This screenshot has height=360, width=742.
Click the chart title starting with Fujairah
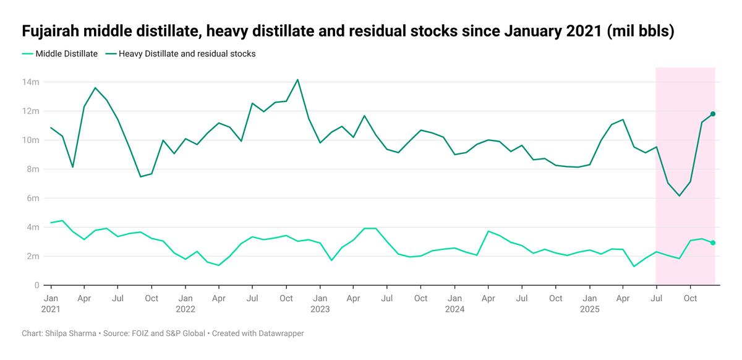(x=348, y=31)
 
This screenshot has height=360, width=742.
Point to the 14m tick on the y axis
(x=31, y=82)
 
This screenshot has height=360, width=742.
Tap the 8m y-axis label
(x=33, y=169)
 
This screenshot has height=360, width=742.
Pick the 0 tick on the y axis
(x=37, y=285)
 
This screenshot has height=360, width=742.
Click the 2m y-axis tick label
(x=33, y=256)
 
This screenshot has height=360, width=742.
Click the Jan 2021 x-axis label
(x=51, y=303)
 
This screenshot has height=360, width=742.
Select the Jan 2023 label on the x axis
(x=320, y=303)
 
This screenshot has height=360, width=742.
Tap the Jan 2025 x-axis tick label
(x=589, y=303)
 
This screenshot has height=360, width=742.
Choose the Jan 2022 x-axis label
(x=185, y=303)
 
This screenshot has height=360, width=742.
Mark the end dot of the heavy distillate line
(x=713, y=114)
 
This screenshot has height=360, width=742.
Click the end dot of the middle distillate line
(x=713, y=243)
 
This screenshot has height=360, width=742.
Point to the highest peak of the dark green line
(x=297, y=80)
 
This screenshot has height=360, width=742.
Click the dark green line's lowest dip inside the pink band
(x=680, y=195)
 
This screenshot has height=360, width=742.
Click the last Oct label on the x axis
(x=690, y=298)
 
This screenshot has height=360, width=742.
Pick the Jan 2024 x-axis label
(x=454, y=303)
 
